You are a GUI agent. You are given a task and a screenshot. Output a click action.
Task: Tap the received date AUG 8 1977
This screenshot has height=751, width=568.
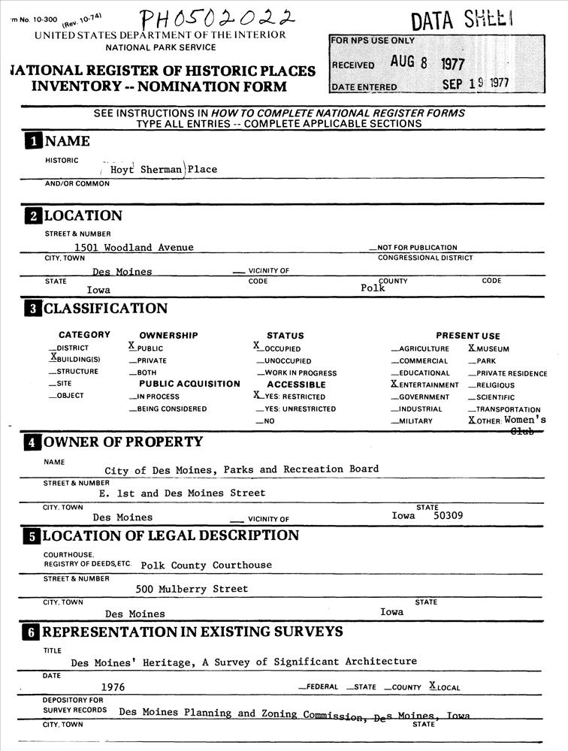tap(427, 63)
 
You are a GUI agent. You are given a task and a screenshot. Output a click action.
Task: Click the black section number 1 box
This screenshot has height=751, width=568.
tap(33, 141)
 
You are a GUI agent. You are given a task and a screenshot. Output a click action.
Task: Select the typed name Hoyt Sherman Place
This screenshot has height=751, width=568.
tap(164, 170)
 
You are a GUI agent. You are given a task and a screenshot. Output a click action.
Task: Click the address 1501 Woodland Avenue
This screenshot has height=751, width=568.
tap(134, 247)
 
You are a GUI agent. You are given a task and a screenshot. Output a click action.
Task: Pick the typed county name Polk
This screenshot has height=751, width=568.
tap(373, 288)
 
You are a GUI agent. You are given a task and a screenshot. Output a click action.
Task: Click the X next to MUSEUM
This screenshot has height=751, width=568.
tap(472, 348)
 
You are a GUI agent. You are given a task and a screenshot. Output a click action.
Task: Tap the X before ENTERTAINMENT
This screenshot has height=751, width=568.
tap(394, 384)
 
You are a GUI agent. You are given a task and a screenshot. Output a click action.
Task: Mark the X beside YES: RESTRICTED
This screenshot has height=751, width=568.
tap(257, 395)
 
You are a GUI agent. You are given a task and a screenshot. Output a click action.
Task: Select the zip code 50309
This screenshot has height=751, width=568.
tap(449, 516)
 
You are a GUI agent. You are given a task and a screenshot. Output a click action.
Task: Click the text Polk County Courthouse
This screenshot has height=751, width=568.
tap(207, 565)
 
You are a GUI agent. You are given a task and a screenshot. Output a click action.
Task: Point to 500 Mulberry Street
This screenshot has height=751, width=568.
tap(192, 589)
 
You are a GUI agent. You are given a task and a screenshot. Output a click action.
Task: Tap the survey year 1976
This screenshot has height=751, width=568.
tap(113, 686)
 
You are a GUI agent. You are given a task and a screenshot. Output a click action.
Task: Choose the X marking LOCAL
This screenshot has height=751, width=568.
tap(432, 685)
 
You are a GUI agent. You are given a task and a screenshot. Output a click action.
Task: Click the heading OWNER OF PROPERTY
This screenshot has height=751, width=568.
tap(122, 442)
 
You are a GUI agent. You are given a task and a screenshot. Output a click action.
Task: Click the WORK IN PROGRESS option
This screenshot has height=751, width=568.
tap(299, 372)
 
